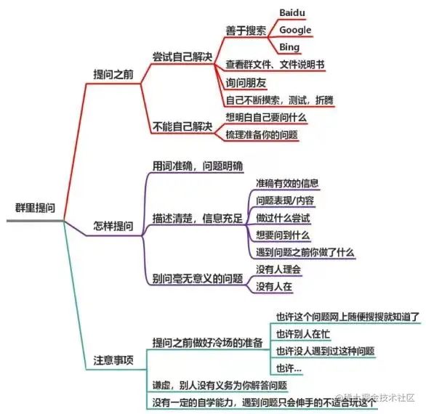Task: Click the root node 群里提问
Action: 35,208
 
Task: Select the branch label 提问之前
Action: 113,74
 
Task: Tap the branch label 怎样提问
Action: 113,226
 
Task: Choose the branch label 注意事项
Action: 113,360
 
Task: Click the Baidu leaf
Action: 292,12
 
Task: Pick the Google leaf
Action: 295,30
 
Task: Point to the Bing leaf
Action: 289,47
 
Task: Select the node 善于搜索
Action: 246,31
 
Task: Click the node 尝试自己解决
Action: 182,57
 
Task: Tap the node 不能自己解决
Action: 182,126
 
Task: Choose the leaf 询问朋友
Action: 246,83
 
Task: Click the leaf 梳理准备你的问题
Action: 262,134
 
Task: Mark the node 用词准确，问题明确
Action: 198,166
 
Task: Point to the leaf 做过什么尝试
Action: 283,218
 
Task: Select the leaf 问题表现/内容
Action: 285,200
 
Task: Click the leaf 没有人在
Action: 274,287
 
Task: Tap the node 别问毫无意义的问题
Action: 198,278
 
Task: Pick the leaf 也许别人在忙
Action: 303,334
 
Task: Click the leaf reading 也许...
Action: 289,368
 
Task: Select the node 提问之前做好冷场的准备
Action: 208,343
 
